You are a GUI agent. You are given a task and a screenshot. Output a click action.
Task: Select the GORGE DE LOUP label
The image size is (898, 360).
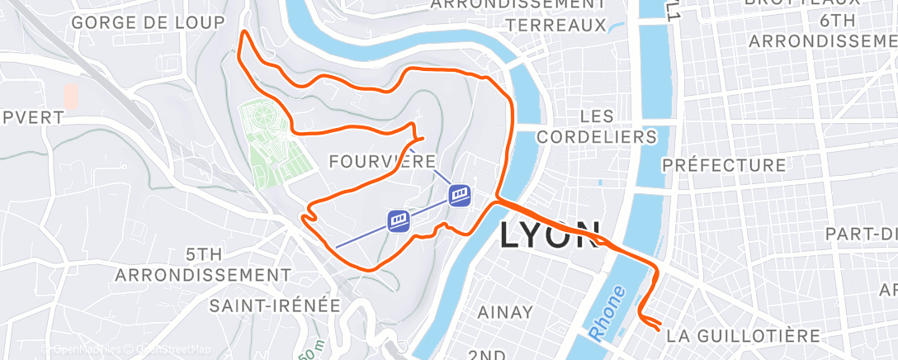pyautogui.click(x=148, y=22)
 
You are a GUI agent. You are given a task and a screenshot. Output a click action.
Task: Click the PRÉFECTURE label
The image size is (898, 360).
pyautogui.click(x=724, y=165)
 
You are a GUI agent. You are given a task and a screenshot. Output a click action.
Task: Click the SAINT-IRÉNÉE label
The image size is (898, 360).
pyautogui.click(x=275, y=306)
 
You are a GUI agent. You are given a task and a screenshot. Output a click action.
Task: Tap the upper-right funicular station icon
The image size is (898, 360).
pyautogui.click(x=461, y=194)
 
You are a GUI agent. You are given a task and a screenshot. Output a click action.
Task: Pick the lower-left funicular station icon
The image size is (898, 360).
pyautogui.click(x=399, y=220)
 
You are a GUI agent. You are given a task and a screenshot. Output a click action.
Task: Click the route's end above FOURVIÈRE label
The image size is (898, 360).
pyautogui.click(x=422, y=138)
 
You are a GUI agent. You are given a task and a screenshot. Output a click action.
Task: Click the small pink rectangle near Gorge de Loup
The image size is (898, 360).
pyautogui.click(x=71, y=97)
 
